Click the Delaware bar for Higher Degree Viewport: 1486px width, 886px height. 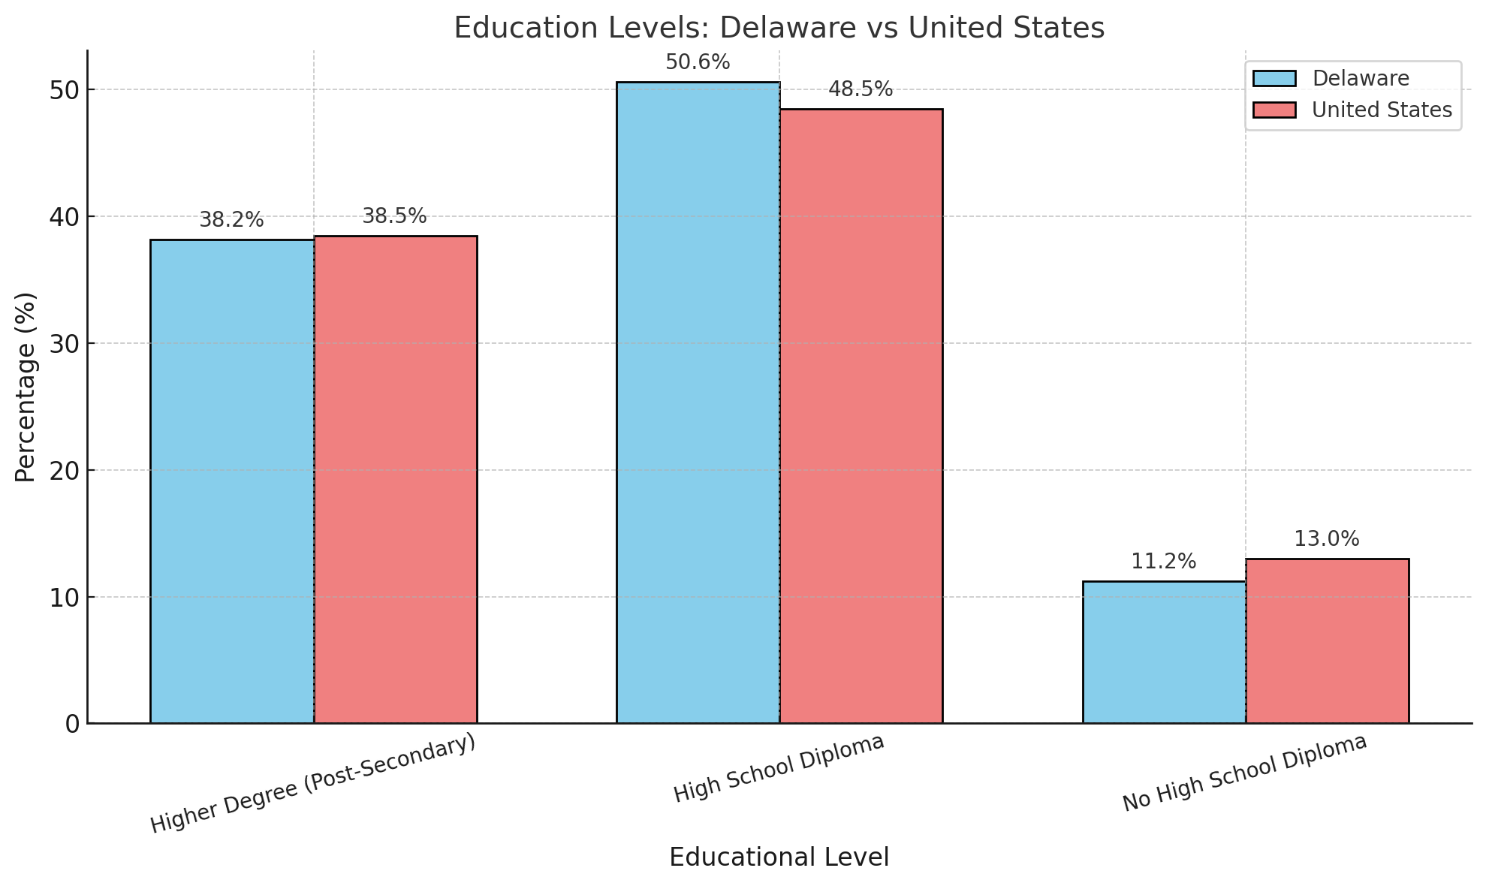232,481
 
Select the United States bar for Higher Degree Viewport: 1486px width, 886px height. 395,480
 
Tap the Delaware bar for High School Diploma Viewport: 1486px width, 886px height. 698,402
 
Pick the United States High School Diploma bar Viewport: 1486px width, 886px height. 861,416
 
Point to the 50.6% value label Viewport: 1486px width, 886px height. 698,62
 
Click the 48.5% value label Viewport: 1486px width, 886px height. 861,89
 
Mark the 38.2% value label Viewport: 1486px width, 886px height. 231,220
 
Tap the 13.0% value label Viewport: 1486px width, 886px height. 1326,539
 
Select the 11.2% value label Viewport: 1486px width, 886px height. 1163,562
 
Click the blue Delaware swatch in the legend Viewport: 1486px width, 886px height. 1274,79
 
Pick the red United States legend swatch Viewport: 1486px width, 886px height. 1274,110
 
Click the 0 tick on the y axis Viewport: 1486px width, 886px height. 72,724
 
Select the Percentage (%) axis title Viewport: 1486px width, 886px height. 26,387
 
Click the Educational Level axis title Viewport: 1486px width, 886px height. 779,857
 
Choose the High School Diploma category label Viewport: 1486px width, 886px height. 779,768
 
